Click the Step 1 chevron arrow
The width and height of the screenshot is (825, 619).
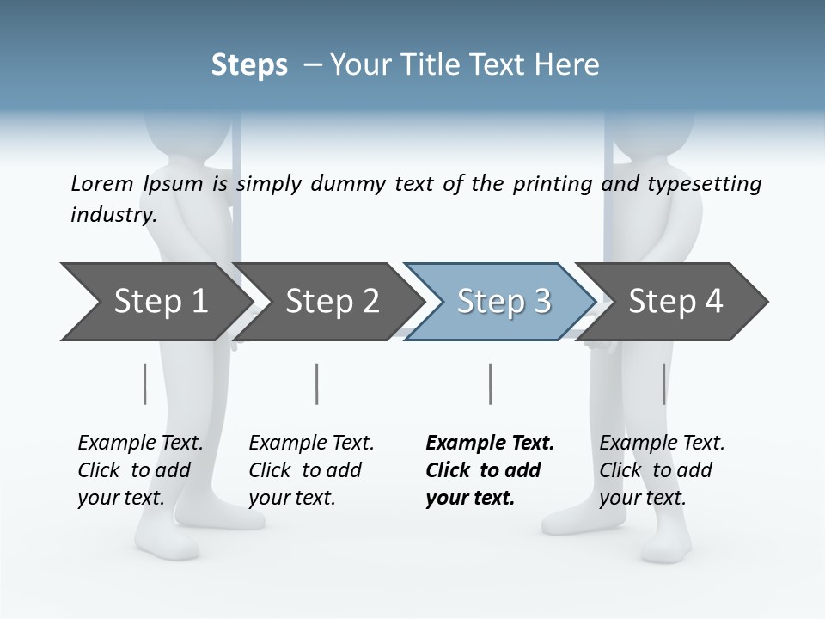pos(155,302)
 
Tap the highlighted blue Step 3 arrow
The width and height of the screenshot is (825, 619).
pos(503,302)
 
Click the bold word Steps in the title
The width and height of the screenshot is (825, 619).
pos(249,65)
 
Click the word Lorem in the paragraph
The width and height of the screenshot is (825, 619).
pos(101,183)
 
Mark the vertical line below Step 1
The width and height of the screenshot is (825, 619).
pos(144,383)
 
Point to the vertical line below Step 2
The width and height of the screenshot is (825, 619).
pos(317,383)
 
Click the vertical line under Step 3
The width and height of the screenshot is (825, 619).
pos(490,383)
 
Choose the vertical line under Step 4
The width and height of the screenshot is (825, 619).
pos(663,383)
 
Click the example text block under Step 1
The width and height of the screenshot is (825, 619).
pos(140,470)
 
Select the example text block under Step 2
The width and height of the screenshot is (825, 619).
pos(311,470)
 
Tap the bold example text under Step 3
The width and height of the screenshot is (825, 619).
pos(490,470)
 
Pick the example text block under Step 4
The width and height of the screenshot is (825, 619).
pos(662,470)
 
